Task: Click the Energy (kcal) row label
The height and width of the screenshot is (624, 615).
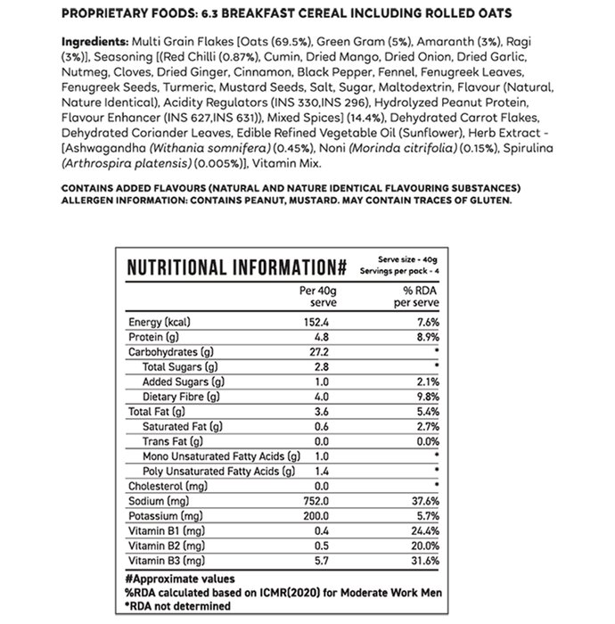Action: coord(161,322)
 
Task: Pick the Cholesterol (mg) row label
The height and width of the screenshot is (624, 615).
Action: coord(168,486)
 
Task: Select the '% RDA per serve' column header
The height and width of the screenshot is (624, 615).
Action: coord(418,297)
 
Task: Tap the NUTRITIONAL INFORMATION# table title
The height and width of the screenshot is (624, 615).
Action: coord(236,267)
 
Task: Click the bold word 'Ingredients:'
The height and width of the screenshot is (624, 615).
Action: coord(94,43)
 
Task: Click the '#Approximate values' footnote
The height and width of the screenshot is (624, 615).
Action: coord(179,579)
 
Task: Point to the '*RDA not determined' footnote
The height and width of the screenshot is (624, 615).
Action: coord(178,606)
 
